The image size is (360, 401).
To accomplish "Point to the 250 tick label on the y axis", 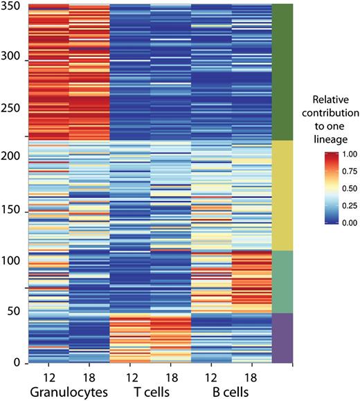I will coord(11,109).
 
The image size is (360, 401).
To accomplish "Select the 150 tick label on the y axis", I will coord(11,211).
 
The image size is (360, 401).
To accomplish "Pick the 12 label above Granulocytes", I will coord(48,375).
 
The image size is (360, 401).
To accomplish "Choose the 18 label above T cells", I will coord(170,375).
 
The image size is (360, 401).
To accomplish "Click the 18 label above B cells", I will coord(252,375).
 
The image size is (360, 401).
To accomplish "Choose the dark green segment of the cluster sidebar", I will coord(282,72).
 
